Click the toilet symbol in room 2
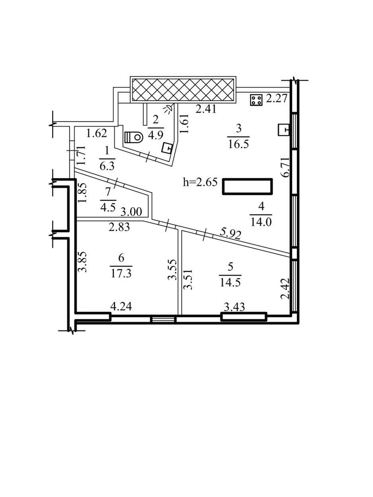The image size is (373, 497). (x=134, y=137)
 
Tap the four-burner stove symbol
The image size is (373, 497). (x=256, y=100)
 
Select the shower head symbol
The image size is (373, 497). (x=169, y=108)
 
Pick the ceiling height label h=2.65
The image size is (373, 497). (x=200, y=182)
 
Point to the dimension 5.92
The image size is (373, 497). (x=230, y=235)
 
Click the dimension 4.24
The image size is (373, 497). (x=121, y=307)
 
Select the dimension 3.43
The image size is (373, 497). (x=234, y=307)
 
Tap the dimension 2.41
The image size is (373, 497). (x=206, y=110)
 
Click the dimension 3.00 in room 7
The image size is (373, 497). (x=131, y=212)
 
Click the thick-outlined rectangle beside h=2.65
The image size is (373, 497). (x=248, y=187)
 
